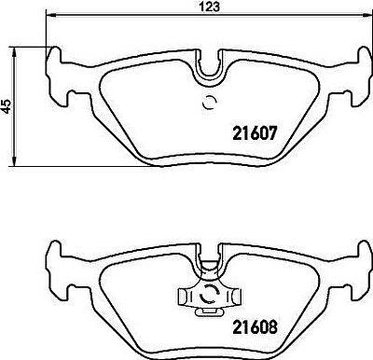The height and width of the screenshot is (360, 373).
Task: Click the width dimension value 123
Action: click(x=209, y=7)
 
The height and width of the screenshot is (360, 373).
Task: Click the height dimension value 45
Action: click(x=7, y=106)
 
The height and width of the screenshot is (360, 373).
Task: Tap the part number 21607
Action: click(x=255, y=133)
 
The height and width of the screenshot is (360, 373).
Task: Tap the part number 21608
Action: click(x=255, y=327)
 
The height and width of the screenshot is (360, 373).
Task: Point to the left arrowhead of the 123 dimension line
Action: click(x=50, y=15)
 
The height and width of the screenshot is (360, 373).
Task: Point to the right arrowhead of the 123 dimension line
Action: click(x=366, y=15)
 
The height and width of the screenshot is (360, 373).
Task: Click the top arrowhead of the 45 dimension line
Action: click(x=14, y=52)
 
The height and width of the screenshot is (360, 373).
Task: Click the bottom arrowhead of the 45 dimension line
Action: click(x=14, y=161)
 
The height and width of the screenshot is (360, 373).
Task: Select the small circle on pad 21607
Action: click(x=209, y=103)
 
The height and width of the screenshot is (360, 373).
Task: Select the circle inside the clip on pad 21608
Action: click(x=209, y=295)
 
